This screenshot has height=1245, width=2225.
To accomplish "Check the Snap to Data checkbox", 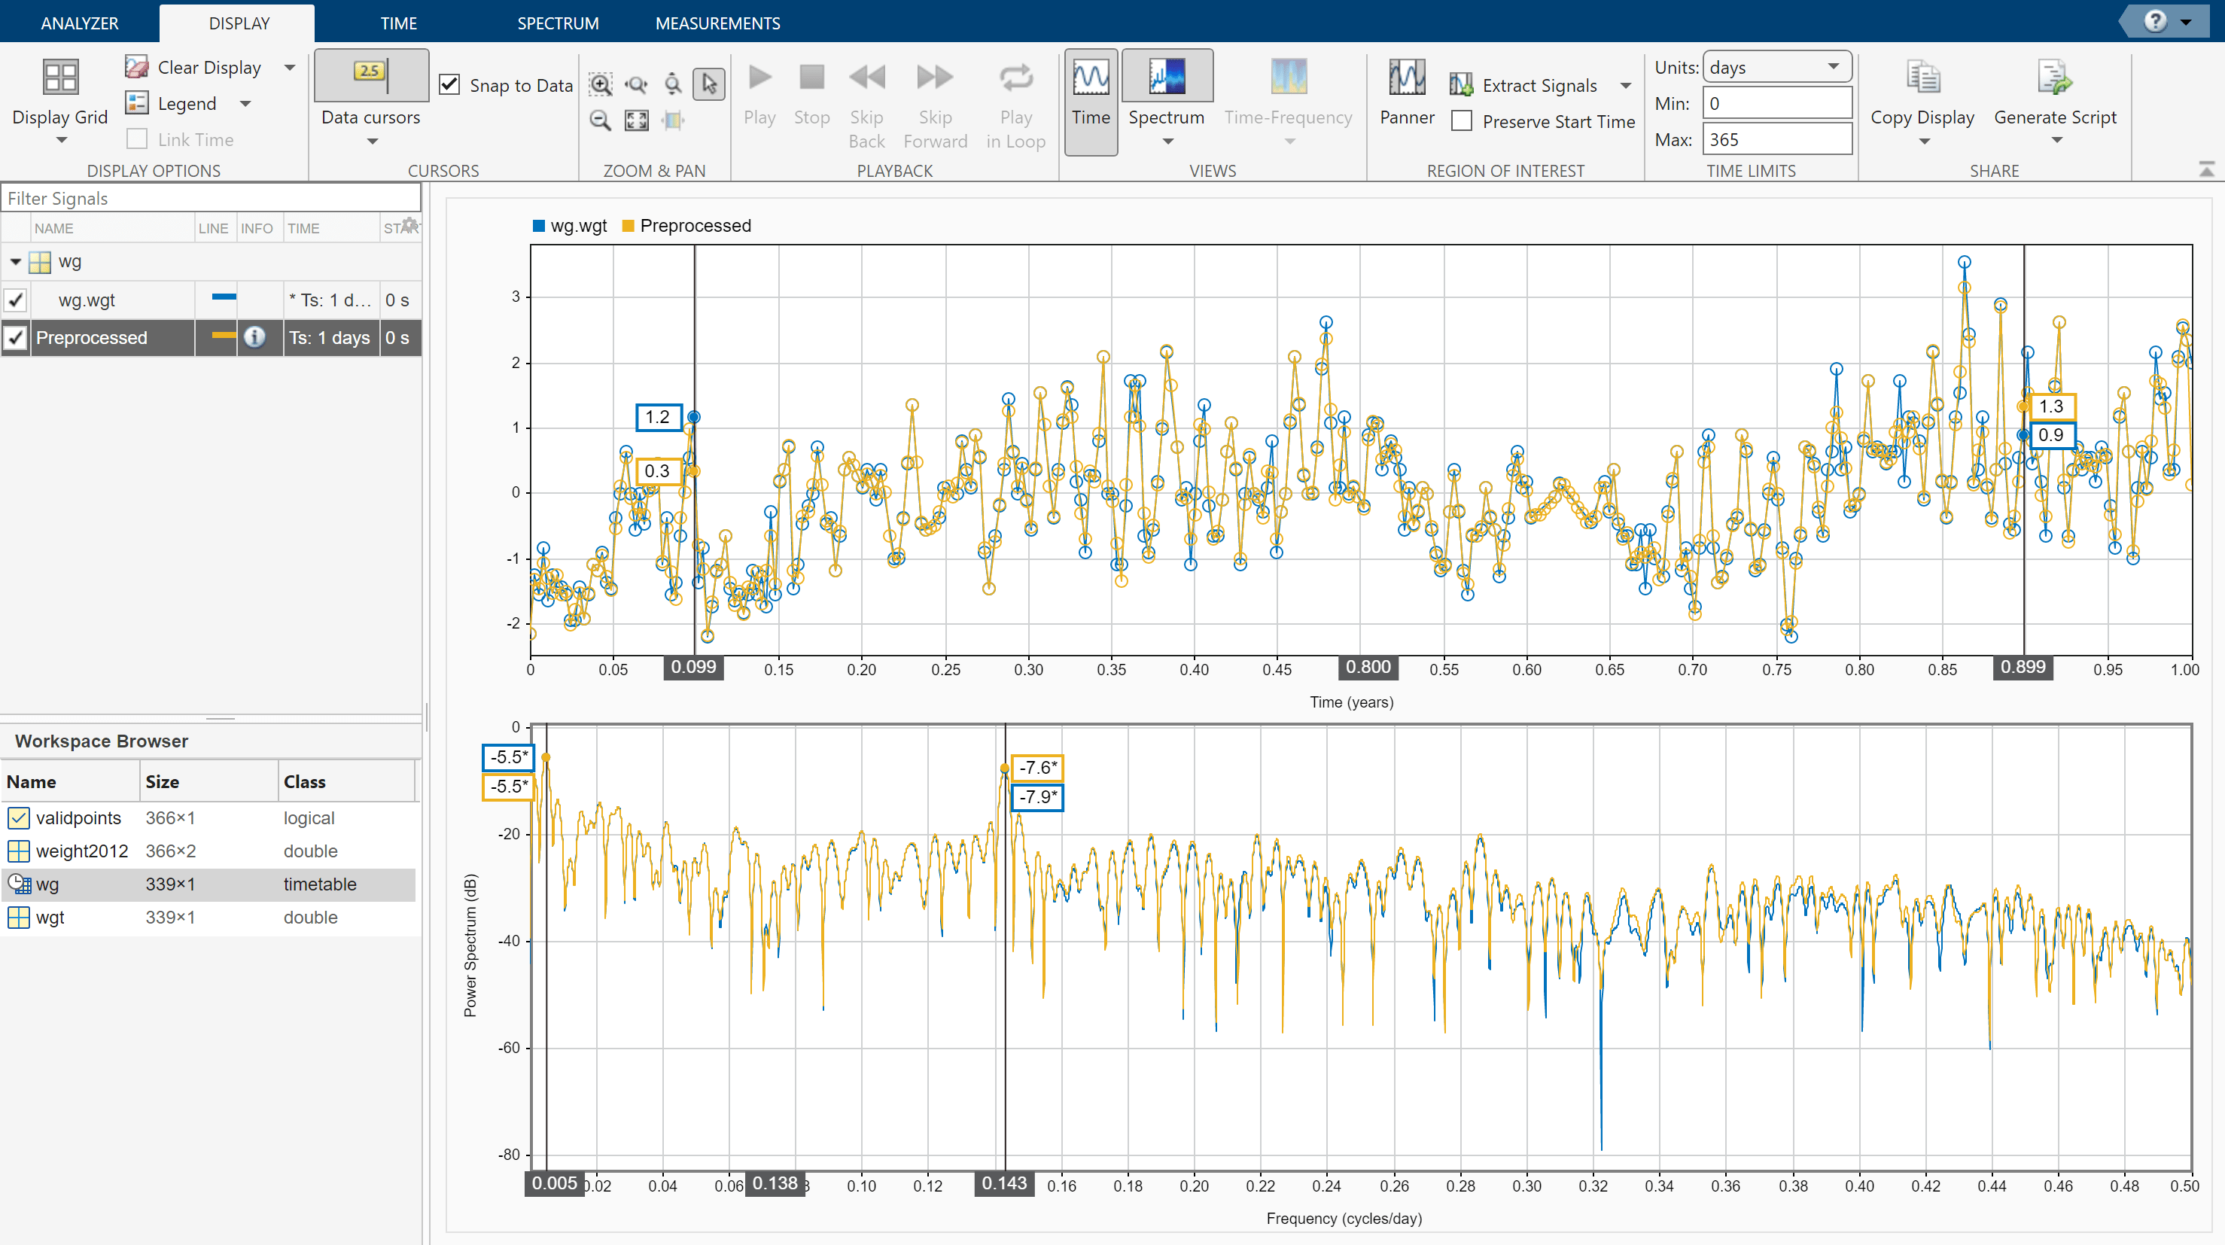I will click(450, 84).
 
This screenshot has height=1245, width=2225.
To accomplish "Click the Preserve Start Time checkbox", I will click(1462, 121).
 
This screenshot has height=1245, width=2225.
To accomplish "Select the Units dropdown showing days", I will click(1776, 68).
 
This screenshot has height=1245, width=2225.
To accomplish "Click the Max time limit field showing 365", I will click(1776, 139).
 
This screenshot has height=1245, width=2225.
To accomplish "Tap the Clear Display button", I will click(209, 68).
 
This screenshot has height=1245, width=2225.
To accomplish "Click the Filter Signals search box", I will click(211, 199).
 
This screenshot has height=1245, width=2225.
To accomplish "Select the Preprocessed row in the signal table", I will click(92, 338).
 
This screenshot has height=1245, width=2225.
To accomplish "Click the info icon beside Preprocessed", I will click(254, 337).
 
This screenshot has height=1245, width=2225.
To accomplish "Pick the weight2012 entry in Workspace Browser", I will click(81, 851).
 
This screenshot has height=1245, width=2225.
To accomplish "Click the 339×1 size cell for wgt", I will click(170, 918).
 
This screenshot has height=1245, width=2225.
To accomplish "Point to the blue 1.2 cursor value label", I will click(658, 417).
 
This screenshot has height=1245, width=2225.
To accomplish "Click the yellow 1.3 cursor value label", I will click(2050, 406).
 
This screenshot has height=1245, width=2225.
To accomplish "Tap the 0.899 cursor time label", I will click(2023, 667).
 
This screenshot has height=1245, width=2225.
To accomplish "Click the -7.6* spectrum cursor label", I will click(1037, 767).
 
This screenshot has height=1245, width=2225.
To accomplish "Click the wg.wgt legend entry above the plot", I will click(571, 227).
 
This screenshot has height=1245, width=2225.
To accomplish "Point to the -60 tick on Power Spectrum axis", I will click(509, 1048).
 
